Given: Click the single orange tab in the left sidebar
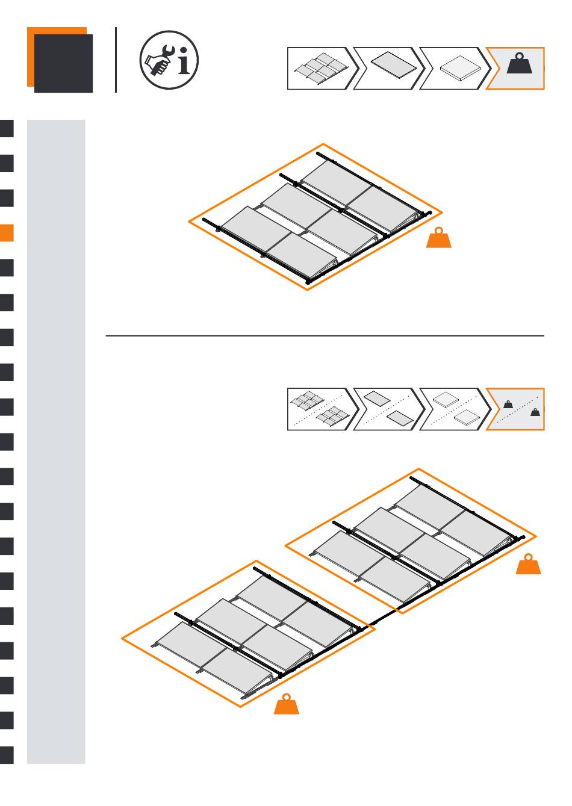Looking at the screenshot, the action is [x=7, y=233].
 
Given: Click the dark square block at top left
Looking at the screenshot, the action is [x=63, y=63].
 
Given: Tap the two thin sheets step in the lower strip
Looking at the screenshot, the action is [x=388, y=409].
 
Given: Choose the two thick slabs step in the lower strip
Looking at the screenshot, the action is [x=455, y=409].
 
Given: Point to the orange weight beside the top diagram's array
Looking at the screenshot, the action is [x=439, y=238].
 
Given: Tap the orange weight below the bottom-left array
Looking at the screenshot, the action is [x=287, y=705].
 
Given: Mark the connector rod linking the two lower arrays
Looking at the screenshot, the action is [x=383, y=617].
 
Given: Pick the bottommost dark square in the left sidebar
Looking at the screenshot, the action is [x=7, y=755].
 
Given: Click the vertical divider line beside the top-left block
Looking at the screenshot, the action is [x=116, y=60].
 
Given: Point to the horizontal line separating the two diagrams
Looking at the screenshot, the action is [x=325, y=336].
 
